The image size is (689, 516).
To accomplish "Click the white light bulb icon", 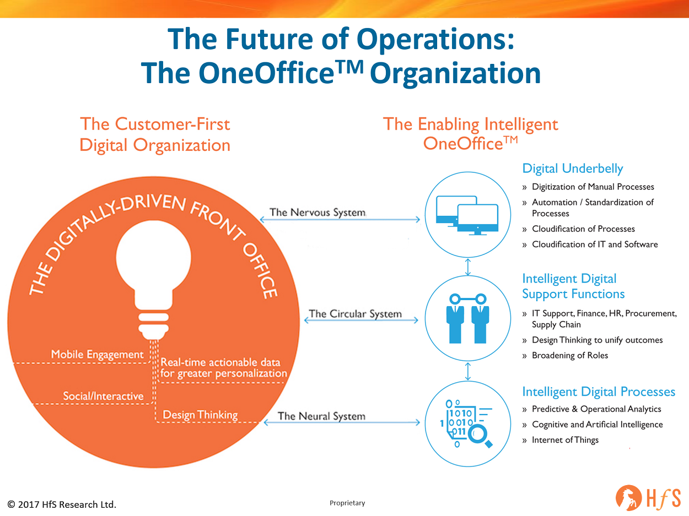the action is click(153, 279).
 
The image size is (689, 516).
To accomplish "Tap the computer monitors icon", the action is click(467, 215).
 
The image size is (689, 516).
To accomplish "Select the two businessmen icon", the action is click(468, 318).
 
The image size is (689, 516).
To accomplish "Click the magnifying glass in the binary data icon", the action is click(480, 436).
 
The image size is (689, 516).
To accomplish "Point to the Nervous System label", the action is click(317, 212).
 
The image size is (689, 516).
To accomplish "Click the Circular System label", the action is click(356, 314).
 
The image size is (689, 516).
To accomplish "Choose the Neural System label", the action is click(322, 416).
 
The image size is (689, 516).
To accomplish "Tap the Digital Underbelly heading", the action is click(573, 169).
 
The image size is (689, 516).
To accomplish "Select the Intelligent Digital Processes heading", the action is click(599, 392).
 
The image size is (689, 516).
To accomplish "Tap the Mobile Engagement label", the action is click(98, 354).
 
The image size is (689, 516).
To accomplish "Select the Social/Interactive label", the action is click(103, 396).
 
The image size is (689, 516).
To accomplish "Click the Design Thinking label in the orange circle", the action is click(200, 415).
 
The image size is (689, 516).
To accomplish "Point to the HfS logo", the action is click(648, 498).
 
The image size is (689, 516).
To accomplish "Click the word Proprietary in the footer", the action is click(347, 503).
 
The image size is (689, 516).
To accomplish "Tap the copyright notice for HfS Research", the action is click(62, 504).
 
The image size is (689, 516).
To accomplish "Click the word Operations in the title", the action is click(435, 40).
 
